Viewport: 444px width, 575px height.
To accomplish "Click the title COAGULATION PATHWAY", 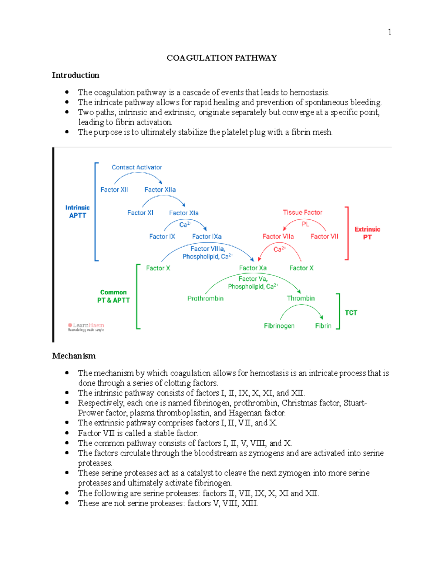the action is [x=222, y=58].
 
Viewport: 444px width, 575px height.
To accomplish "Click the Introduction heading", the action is [x=75, y=75].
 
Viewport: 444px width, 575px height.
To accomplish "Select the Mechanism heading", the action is [x=74, y=356].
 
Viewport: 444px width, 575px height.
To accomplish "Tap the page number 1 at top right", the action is [x=389, y=32].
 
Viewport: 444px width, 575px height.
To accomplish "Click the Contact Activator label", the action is [x=137, y=167].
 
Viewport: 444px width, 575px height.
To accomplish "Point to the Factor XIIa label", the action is [x=160, y=190].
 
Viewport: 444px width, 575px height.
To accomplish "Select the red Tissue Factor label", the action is [x=302, y=212].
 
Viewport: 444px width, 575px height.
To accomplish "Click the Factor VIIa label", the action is [x=278, y=236].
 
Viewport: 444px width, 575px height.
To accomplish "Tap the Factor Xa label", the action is [x=253, y=268].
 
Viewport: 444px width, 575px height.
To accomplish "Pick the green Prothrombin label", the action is [x=205, y=298].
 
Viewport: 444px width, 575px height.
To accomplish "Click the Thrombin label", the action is [x=300, y=298].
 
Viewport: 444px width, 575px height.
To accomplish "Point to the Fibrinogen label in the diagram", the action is [x=279, y=326].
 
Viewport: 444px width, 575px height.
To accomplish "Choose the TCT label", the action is [x=351, y=313].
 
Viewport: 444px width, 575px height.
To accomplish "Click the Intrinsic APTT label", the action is [x=77, y=211].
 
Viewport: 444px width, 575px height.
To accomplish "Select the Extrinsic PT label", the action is [x=367, y=233].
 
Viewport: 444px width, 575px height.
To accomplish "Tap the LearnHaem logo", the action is [x=86, y=327].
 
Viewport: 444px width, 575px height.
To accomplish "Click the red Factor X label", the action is [x=301, y=268].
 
